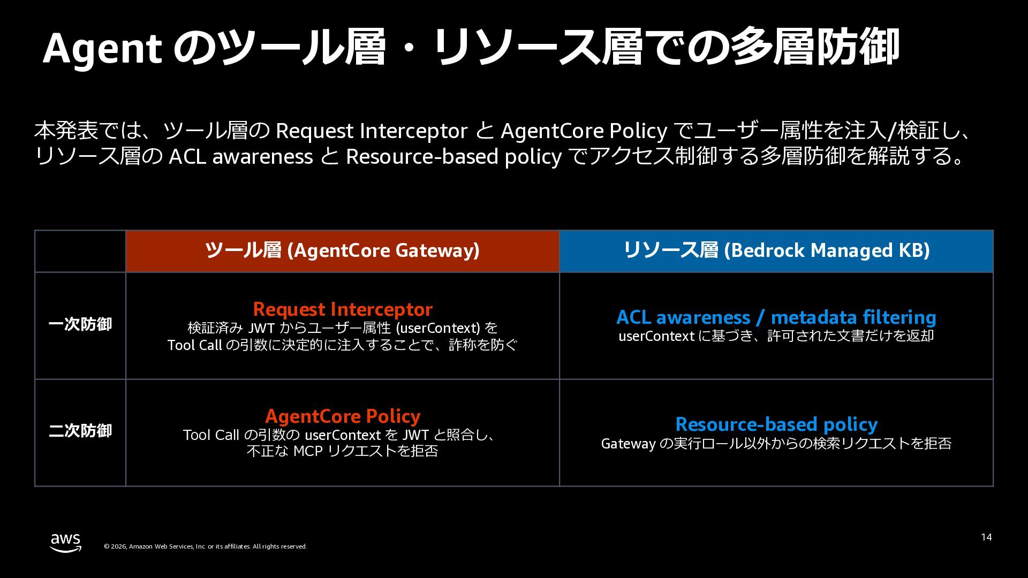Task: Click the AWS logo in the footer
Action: (x=66, y=542)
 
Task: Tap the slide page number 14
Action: (x=986, y=537)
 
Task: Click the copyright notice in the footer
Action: (x=205, y=546)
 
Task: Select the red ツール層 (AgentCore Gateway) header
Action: (x=343, y=251)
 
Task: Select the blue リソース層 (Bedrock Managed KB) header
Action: (x=776, y=251)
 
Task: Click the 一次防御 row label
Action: (x=80, y=324)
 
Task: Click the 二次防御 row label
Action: (x=80, y=431)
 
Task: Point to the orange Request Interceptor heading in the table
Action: (x=343, y=309)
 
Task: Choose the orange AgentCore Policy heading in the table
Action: (x=343, y=416)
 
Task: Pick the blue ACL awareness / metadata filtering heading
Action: (x=776, y=317)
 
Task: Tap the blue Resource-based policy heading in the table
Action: (x=776, y=424)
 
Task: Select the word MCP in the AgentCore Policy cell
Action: (x=308, y=451)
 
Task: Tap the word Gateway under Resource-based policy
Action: (x=628, y=444)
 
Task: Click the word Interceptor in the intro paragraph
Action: (x=413, y=131)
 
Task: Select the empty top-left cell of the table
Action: (x=80, y=251)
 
